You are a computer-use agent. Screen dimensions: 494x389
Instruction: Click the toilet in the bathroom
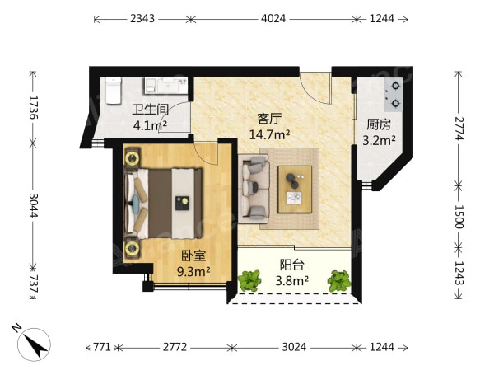tap(114, 90)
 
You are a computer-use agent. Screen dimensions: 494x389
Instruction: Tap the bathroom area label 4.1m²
tap(150, 125)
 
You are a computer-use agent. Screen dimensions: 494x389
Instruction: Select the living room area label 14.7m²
tap(269, 134)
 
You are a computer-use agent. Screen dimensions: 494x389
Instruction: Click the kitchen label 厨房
tap(379, 124)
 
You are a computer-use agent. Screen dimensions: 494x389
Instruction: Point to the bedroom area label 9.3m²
tap(193, 271)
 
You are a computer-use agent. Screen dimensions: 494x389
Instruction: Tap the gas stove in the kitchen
tap(394, 94)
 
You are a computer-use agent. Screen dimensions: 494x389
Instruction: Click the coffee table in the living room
tap(295, 190)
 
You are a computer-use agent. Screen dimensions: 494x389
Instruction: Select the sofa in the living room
tap(254, 189)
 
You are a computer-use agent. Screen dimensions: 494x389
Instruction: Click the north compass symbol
tap(33, 344)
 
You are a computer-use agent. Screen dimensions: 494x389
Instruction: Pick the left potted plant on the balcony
tap(249, 280)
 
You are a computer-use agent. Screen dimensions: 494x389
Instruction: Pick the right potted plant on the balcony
tap(339, 280)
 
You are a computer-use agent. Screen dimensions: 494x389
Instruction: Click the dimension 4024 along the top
tap(273, 19)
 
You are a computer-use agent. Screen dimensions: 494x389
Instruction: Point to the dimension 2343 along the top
tap(142, 19)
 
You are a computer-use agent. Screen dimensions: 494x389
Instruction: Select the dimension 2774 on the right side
tap(459, 129)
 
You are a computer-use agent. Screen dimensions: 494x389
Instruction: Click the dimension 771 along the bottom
tap(102, 347)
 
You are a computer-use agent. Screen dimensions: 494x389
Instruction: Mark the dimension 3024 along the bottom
tap(294, 347)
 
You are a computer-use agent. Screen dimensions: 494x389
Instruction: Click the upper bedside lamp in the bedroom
tap(133, 157)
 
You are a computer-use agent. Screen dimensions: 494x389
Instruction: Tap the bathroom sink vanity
tap(166, 85)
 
